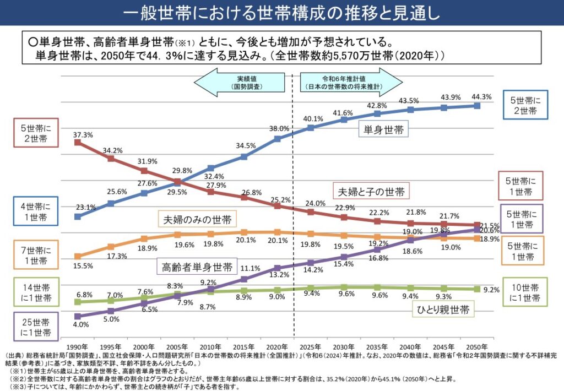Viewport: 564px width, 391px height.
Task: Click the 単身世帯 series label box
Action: pos(383,130)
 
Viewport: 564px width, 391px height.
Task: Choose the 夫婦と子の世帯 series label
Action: pos(372,192)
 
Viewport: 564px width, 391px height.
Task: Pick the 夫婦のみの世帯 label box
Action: pos(197,219)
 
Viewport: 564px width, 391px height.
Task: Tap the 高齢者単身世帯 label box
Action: pos(197,268)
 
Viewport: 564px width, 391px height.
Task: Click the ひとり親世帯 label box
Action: pos(443,309)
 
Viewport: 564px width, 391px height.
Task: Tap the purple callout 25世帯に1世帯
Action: pos(36,327)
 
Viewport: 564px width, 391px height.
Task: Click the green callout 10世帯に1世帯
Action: pos(524,292)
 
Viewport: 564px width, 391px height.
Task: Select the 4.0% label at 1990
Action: pos(80,325)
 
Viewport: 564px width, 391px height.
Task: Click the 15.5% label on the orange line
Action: pos(83,265)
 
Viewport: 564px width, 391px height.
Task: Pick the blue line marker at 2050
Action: pos(477,105)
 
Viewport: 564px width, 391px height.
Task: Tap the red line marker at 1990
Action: pos(78,143)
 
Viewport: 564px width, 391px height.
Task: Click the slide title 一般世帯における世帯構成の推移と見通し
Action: pos(281,13)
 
